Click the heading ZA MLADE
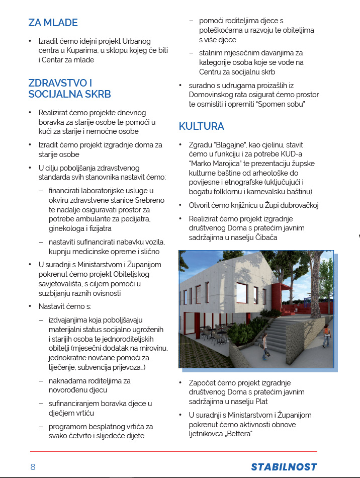[53, 23]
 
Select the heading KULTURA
[201, 126]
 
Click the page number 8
[33, 466]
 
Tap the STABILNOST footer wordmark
[284, 466]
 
